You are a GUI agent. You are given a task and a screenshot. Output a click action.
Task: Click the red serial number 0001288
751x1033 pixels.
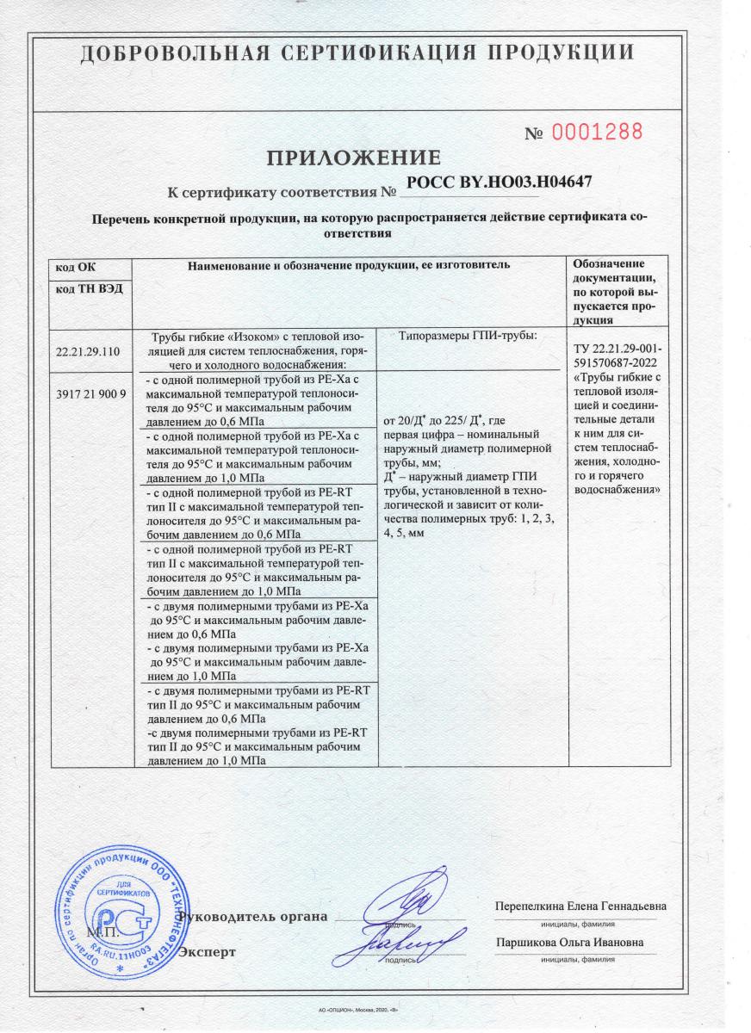[x=597, y=132]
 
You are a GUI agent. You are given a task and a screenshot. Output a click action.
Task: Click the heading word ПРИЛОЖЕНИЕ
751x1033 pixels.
[x=353, y=158]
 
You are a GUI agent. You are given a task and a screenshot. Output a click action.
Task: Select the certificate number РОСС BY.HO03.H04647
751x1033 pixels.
[x=498, y=182]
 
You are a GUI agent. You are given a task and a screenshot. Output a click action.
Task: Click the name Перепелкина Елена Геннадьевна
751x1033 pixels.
[x=580, y=906]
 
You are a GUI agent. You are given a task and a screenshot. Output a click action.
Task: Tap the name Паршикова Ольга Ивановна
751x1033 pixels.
[x=570, y=943]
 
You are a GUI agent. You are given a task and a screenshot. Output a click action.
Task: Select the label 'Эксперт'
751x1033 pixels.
[x=207, y=952]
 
